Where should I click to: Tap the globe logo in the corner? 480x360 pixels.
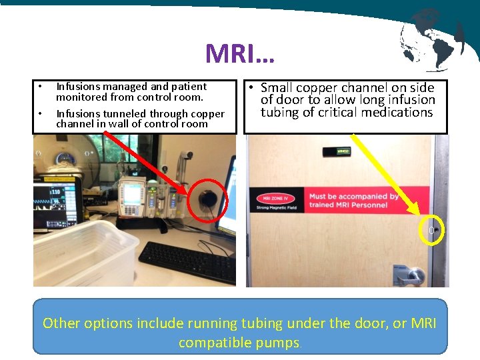431,39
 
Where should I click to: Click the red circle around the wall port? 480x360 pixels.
208,199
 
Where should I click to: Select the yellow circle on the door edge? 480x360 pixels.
431,230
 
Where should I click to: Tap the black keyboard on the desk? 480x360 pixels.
179,261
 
